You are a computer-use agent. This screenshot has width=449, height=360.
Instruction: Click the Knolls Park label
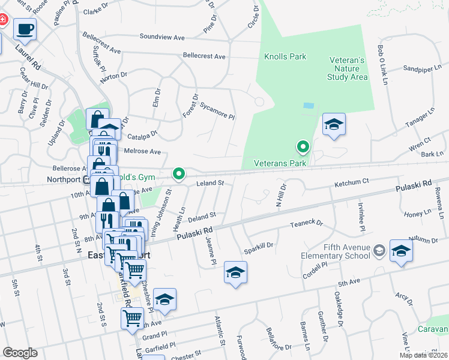pyautogui.click(x=285, y=57)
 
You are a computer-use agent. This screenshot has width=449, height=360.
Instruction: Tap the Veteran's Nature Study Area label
pyautogui.click(x=348, y=68)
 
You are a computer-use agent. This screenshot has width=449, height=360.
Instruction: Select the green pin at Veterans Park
pyautogui.click(x=304, y=146)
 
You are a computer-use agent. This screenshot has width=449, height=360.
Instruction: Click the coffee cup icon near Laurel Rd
pyautogui.click(x=25, y=29)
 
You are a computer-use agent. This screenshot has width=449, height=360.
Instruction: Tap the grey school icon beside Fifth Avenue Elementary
pyautogui.click(x=379, y=250)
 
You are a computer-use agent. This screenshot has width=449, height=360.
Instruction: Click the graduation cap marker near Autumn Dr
pyautogui.click(x=401, y=251)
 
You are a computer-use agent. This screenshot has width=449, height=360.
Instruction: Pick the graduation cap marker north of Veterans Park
pyautogui.click(x=334, y=124)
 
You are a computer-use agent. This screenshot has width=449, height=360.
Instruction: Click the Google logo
pyautogui.click(x=20, y=353)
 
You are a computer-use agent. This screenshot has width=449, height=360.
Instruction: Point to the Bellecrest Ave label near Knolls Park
pyautogui.click(x=204, y=56)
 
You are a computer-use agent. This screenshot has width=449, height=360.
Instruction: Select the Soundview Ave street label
pyautogui.click(x=162, y=37)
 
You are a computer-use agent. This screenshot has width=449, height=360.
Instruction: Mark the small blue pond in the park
pyautogui.click(x=309, y=105)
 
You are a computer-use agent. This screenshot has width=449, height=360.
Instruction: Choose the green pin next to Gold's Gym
pyautogui.click(x=178, y=174)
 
